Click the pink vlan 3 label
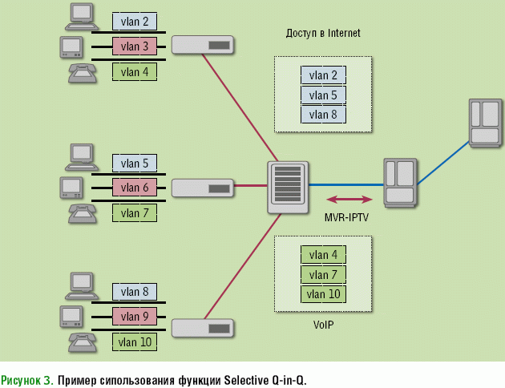tap(134, 46)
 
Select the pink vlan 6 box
tap(134, 188)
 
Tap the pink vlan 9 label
tap(134, 317)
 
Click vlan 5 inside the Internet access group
tap(323, 95)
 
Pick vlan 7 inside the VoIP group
tap(323, 275)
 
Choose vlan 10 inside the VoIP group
tap(323, 294)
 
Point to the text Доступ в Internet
tap(323, 34)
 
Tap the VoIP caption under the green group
tap(323, 325)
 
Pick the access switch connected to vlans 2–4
tap(203, 45)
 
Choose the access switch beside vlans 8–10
tap(203, 329)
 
